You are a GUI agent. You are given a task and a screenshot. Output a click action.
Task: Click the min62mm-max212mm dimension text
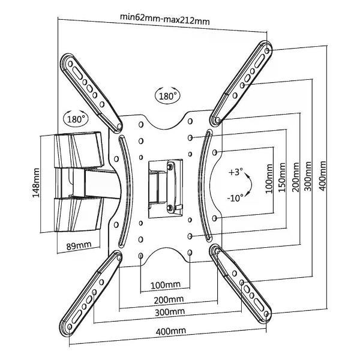point(165,19)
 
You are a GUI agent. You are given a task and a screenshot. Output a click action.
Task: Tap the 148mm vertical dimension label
point(36,183)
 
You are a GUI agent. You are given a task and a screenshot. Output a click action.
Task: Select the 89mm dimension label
point(79,245)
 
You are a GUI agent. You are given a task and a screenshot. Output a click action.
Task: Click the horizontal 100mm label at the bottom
point(166,285)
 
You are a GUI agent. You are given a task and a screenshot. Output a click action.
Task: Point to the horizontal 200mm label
point(169,299)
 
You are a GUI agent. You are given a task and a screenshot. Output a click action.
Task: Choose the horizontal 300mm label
point(170,312)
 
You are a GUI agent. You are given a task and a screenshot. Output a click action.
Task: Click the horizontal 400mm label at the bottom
point(170,331)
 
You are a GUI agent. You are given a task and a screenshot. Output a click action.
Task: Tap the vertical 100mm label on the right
point(269,179)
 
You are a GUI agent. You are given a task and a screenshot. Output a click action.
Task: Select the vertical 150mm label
point(282,178)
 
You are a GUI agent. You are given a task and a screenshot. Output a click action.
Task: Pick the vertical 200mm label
point(295,177)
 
